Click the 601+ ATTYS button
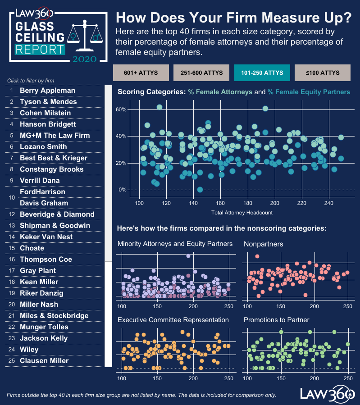[141, 73]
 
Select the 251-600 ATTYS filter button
[201, 73]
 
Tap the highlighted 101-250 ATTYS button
[262, 73]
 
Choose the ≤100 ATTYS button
[323, 73]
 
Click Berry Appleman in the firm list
[47, 91]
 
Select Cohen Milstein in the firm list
[45, 113]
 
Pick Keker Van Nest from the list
[46, 237]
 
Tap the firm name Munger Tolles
[44, 327]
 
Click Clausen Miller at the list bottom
[44, 361]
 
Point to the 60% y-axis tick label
[121, 109]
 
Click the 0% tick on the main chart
[123, 190]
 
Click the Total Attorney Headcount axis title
[242, 212]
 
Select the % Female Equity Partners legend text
[309, 92]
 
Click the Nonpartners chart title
[263, 244]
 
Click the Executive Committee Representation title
[173, 320]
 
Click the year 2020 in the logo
[84, 59]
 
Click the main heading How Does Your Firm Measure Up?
[234, 18]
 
